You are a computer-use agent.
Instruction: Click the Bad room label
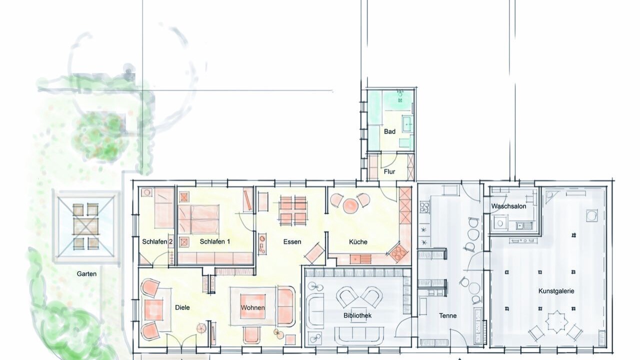coord(389,131)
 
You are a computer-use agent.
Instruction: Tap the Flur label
coord(389,171)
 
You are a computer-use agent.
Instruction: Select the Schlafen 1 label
coord(214,241)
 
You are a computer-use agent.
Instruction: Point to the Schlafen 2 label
coord(157,241)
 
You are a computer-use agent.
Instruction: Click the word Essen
coord(292,241)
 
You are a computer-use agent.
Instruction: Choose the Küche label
coord(358,241)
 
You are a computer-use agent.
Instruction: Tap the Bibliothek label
coord(357,315)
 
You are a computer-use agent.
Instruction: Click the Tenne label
coord(447,315)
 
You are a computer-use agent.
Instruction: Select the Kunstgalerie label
coord(556,291)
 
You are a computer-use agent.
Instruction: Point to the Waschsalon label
coord(508,206)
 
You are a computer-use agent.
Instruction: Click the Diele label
coord(182,307)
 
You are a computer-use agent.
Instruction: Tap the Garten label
coord(86,273)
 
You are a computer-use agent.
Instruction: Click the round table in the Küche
coord(350,205)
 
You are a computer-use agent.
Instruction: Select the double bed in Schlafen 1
coord(198,219)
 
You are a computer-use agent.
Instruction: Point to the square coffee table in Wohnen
coord(252,306)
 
